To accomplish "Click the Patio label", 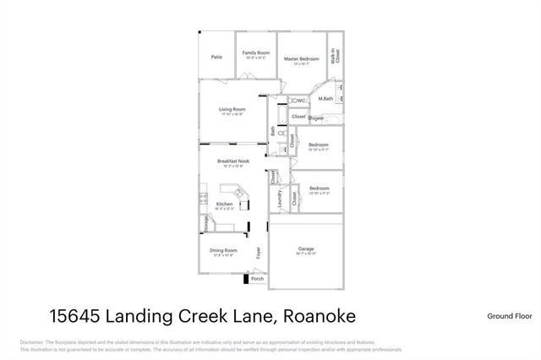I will (216, 57).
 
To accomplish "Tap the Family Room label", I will (255, 52).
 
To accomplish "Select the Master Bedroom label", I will (301, 57).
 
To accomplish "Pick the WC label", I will (301, 101).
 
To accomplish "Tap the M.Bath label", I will (325, 99).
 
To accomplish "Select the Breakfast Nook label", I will (232, 161).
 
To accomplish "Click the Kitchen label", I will (224, 204).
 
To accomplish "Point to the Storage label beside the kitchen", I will (205, 222).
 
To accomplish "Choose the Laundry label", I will (279, 200).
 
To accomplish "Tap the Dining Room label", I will (224, 250).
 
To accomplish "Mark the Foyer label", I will (260, 251).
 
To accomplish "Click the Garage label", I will (306, 249).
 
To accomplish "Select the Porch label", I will (257, 278).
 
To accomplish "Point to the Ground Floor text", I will (509, 316).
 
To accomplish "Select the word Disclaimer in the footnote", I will (31, 341).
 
